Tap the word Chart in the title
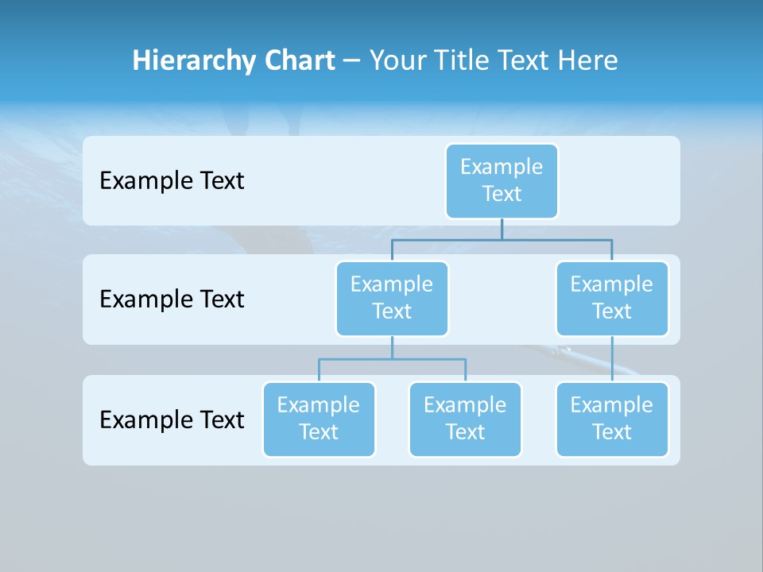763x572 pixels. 296,61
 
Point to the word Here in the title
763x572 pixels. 587,61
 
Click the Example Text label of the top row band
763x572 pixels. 172,181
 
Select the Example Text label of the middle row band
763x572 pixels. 172,300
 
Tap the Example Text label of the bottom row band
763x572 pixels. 172,419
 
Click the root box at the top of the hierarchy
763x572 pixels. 502,181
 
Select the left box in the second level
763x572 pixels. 392,299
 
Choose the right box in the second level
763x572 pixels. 612,299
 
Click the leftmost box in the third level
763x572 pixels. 319,419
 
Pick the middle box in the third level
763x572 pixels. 465,419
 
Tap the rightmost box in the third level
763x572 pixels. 612,419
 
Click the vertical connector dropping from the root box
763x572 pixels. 502,229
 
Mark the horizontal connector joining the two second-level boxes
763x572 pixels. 556,238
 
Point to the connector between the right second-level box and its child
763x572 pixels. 612,359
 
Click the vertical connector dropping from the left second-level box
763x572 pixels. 392,347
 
